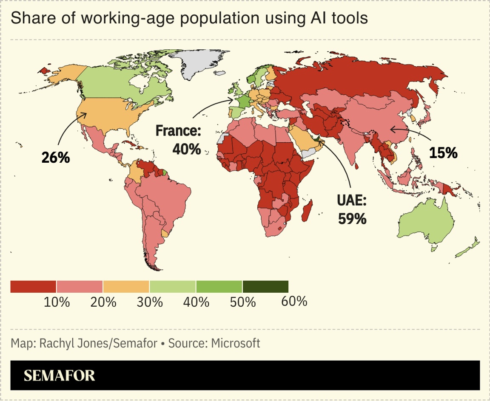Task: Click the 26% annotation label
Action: click(55, 157)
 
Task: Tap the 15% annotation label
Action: click(443, 152)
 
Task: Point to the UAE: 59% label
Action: click(352, 209)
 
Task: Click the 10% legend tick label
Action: click(57, 302)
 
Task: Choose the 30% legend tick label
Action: click(150, 302)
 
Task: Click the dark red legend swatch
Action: click(33, 287)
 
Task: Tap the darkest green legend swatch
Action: click(265, 287)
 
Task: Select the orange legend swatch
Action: click(126, 287)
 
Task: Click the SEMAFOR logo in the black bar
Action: click(59, 376)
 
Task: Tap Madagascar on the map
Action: click(306, 212)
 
